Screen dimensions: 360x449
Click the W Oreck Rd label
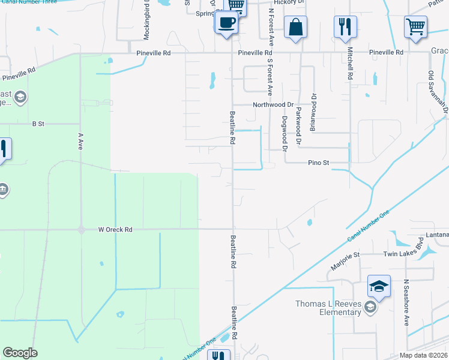pos(115,229)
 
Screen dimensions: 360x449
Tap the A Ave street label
pos(79,141)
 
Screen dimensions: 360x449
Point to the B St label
pos(38,124)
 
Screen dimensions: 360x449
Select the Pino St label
pos(319,163)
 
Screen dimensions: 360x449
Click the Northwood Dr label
pos(273,104)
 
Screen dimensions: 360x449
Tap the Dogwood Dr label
pos(285,132)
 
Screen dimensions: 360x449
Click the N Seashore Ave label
pos(406,302)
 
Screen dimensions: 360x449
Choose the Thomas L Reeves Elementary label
pos(328,308)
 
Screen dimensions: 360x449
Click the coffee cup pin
pos(226,24)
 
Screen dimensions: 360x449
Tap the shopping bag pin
pos(295,28)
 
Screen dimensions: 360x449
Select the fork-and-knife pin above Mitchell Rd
pos(346,27)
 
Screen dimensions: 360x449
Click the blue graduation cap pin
pos(379,287)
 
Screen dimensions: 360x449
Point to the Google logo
pos(20,353)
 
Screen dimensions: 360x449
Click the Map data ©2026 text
pos(423,355)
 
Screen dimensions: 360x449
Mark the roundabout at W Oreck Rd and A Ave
pos(80,229)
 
